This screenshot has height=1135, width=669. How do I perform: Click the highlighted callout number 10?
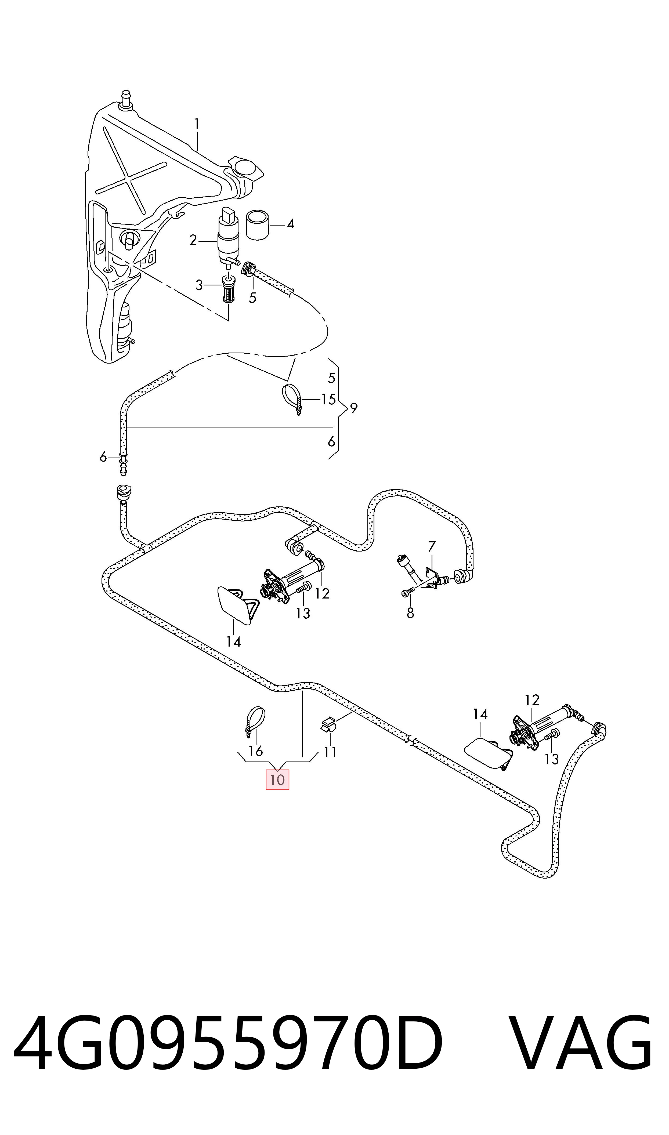277,780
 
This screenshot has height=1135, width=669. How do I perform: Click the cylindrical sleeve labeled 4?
257,224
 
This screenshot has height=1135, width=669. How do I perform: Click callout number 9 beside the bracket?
354,408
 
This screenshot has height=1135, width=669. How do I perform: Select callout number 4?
291,223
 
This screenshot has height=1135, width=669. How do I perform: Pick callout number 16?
256,751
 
